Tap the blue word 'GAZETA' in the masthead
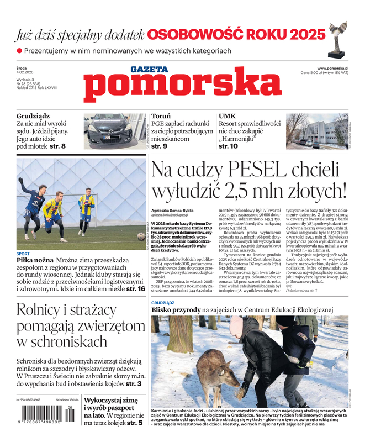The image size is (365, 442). tap(149, 69)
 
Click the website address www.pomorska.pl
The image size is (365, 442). tap(336, 67)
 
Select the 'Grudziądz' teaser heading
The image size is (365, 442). tap(33, 117)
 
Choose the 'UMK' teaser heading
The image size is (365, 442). tap(228, 117)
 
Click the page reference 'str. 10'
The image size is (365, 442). tap(229, 146)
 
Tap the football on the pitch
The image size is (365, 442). tap(141, 236)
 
